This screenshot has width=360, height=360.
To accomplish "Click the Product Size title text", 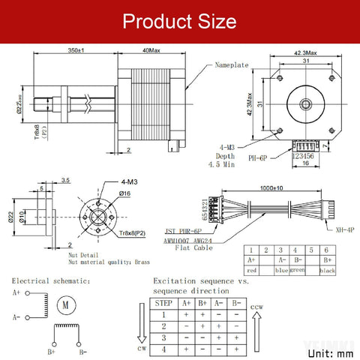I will coord(180,20).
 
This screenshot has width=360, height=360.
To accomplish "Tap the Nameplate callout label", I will coord(232,65).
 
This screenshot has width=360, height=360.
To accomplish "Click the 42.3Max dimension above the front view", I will coord(305,52).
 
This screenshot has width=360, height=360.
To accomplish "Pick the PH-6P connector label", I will coord(262,158).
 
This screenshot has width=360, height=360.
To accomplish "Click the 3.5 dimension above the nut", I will coord(65,180).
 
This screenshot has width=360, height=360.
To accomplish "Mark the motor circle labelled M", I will coord(64,304).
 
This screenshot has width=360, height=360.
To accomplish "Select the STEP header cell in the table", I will coord(163,303).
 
